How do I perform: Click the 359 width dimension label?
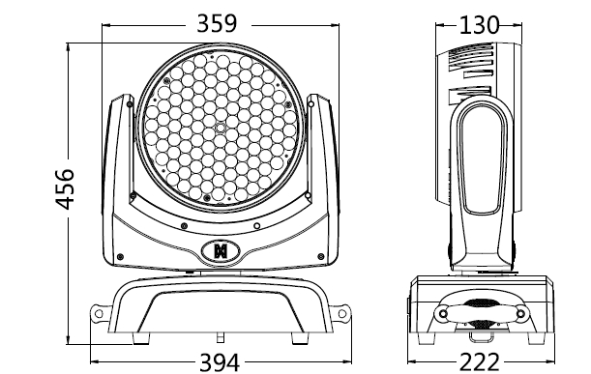point(217,23)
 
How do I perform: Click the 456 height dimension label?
point(65,189)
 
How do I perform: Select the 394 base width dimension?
point(220,362)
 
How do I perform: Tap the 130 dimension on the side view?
point(479,25)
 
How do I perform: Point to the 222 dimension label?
point(480,362)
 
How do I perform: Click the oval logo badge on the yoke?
point(221,251)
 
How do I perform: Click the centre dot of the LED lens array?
point(221,129)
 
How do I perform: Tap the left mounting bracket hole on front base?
point(99,313)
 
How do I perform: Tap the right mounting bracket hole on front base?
point(342,313)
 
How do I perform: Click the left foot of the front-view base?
point(141,338)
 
